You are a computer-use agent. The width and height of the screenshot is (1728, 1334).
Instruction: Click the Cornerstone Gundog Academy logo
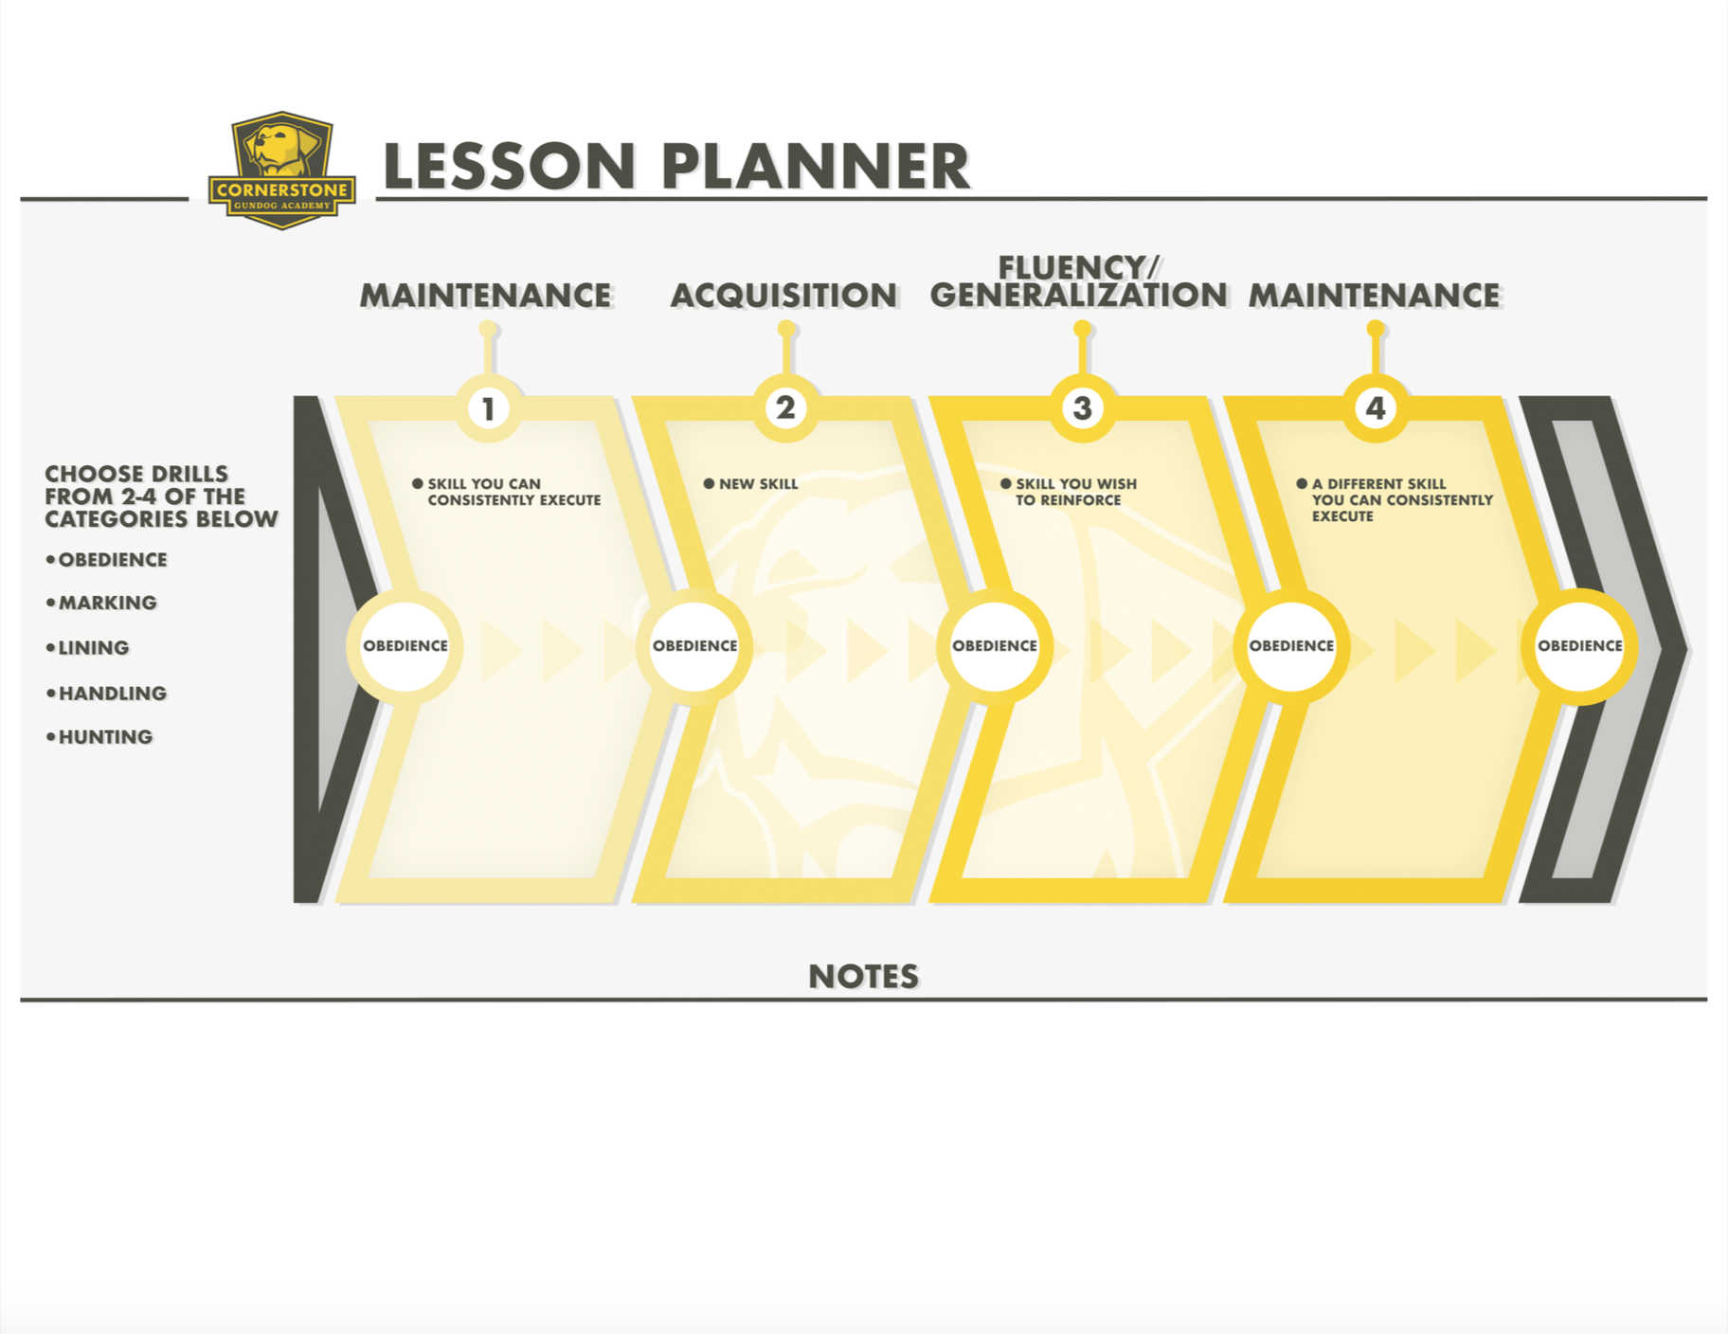[281, 171]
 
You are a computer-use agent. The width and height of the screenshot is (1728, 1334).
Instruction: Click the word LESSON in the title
[509, 167]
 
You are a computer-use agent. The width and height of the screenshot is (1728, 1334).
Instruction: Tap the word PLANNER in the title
[815, 167]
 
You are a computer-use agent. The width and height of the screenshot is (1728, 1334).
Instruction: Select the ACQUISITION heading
[783, 296]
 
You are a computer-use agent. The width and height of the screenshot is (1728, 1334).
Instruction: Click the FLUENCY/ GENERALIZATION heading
[1078, 282]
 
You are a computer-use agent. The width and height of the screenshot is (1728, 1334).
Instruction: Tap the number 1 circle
[488, 408]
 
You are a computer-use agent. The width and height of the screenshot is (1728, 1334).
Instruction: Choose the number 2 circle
[785, 407]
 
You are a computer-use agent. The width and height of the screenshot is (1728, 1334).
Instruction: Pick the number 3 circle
[1082, 408]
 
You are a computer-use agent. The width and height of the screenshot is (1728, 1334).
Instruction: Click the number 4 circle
[1376, 408]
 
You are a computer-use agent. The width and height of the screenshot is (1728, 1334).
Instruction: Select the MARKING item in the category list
[107, 603]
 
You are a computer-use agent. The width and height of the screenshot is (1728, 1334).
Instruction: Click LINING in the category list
[93, 648]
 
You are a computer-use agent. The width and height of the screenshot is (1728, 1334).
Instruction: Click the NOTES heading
[863, 977]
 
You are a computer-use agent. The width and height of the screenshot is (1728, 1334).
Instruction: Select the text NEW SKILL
[758, 484]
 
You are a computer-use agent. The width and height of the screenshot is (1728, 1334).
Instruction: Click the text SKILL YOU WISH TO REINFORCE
[1074, 492]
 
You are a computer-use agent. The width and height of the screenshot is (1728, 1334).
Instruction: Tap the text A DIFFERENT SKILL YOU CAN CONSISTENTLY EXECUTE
[1400, 499]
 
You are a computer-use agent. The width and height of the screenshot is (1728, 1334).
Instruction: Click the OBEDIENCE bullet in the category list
[112, 560]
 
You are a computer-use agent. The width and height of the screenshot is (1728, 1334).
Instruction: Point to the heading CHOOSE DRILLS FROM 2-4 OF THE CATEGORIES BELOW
[161, 496]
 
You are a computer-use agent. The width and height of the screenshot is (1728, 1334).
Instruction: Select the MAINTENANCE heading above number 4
[1374, 296]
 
